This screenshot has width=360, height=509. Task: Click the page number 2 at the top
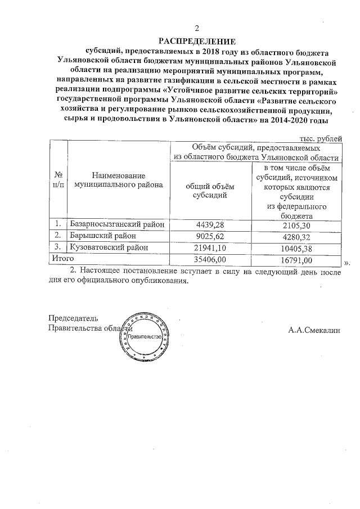coord(197,29)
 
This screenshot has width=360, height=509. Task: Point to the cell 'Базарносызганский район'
coord(118,224)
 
